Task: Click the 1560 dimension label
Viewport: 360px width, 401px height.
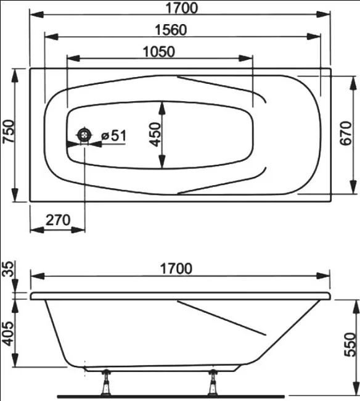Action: pyautogui.click(x=171, y=30)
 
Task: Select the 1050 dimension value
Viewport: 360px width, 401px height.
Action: pyautogui.click(x=158, y=52)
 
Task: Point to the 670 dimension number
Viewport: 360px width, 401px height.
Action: pyautogui.click(x=346, y=133)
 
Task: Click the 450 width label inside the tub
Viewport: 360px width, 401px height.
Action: pyautogui.click(x=155, y=134)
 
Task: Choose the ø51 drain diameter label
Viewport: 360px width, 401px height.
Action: pyautogui.click(x=113, y=135)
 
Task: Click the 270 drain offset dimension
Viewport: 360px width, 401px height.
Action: pyautogui.click(x=58, y=220)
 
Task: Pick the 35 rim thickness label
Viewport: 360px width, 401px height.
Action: pyautogui.click(x=8, y=268)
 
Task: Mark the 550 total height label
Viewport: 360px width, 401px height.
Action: pyautogui.click(x=350, y=344)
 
